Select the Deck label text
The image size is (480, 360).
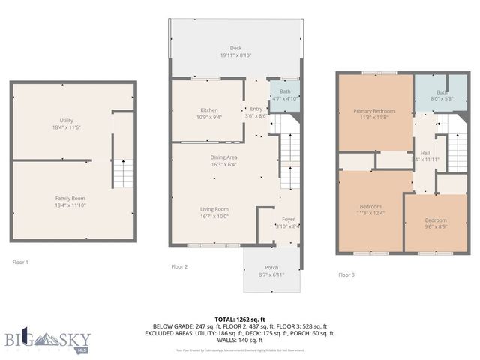point(235,49)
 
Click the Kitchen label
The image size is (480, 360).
point(208,109)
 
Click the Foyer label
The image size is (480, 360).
point(287,219)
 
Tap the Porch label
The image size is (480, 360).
point(271,268)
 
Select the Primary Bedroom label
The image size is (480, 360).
point(373,111)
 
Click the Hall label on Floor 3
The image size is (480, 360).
point(424,152)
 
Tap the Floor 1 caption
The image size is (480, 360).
point(20,262)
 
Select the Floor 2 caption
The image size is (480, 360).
point(179,266)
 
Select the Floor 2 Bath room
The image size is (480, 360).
point(284,95)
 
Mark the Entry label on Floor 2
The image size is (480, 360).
point(256,109)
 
